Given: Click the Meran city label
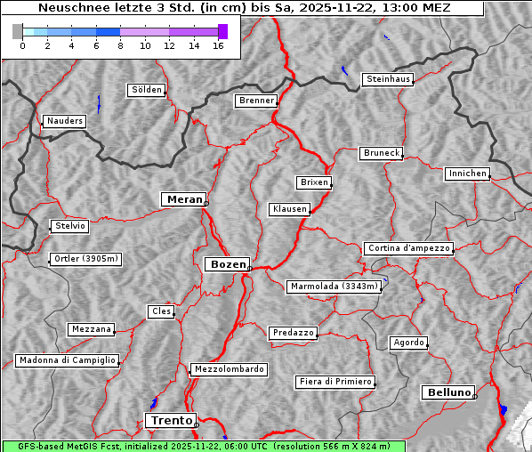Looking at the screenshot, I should [x=184, y=199].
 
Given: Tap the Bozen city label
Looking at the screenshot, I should [x=226, y=264].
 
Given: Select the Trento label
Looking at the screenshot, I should [x=170, y=420].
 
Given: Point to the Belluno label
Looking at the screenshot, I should [x=447, y=391].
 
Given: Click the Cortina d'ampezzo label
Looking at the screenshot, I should [x=408, y=248].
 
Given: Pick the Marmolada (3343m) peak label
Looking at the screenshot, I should [x=335, y=287].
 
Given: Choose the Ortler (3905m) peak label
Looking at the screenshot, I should [x=85, y=260].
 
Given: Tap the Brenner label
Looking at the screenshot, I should [x=256, y=101].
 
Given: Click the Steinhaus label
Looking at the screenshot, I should [x=388, y=79].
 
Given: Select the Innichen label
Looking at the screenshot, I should [x=467, y=174].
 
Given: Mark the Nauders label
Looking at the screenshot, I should [x=64, y=121].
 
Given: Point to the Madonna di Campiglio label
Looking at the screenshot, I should [x=67, y=360].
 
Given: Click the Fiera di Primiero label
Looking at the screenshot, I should [x=335, y=382].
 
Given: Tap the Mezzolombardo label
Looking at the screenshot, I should [x=228, y=368].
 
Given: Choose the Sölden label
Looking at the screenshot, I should [x=147, y=90].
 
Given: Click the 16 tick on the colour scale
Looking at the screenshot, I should [x=218, y=46].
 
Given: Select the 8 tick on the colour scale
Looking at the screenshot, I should [x=120, y=46].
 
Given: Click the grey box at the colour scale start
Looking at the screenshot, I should [x=17, y=31].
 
